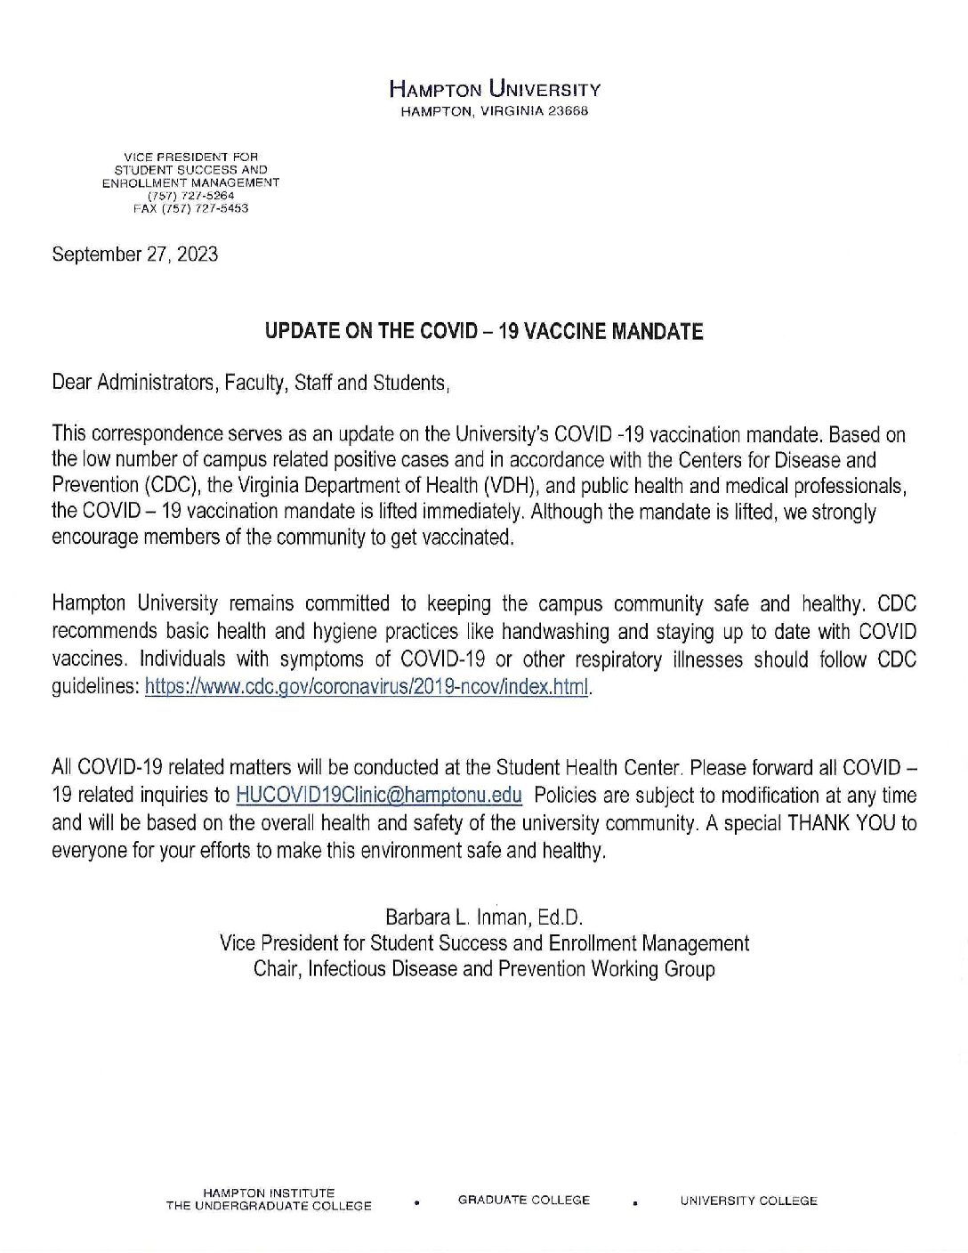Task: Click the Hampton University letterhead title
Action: tap(495, 89)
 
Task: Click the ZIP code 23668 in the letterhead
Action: tap(569, 111)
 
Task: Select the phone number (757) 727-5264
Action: tap(191, 195)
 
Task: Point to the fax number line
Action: tap(190, 208)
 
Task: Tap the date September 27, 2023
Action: tap(135, 255)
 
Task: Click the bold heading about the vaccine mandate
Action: tap(484, 332)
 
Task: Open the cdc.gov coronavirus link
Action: tap(366, 688)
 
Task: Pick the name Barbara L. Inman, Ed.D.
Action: tap(484, 916)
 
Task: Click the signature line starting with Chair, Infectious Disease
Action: tap(484, 969)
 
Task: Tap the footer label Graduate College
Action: tap(524, 1200)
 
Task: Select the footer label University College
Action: tap(748, 1200)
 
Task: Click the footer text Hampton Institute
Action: tap(269, 1192)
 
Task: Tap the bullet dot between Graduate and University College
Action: tap(635, 1203)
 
